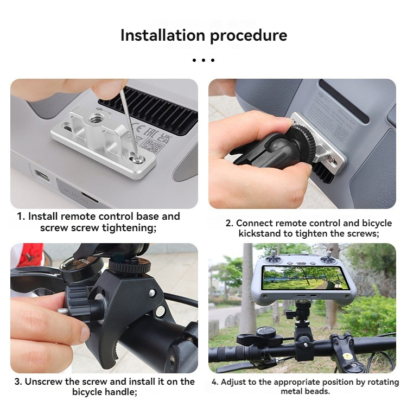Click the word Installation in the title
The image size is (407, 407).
click(163, 35)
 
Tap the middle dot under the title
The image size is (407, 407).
click(203, 60)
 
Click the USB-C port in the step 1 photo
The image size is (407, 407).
click(42, 175)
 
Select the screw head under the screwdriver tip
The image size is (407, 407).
click(137, 159)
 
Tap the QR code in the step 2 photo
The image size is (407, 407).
click(340, 133)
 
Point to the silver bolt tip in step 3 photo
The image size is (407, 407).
click(62, 311)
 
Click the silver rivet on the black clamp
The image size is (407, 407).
click(152, 293)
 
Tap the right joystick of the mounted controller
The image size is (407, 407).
click(329, 257)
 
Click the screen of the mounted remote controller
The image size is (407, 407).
click(305, 278)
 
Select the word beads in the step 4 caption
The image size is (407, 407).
click(317, 391)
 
